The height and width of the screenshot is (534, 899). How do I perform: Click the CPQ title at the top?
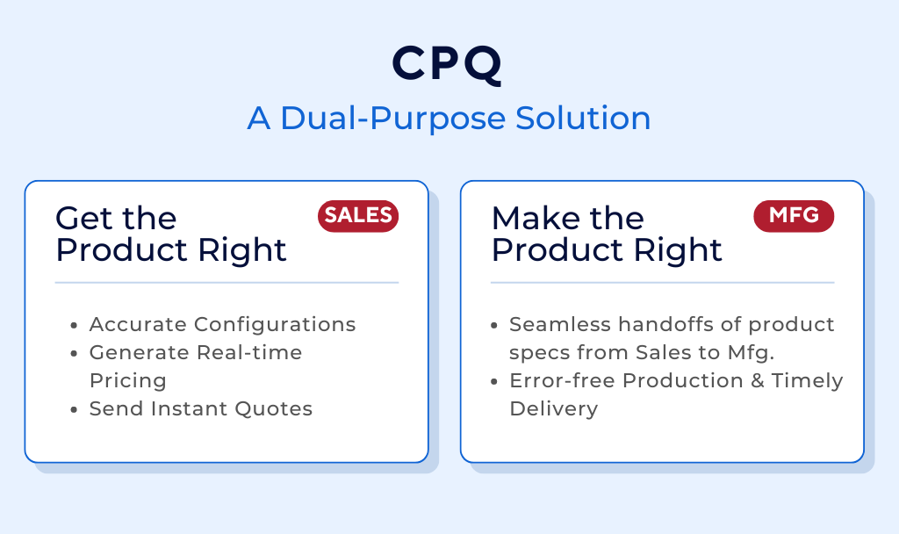click(x=449, y=64)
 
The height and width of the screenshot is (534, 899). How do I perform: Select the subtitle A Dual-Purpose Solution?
click(x=449, y=119)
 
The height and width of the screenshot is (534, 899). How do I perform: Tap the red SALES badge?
click(x=358, y=216)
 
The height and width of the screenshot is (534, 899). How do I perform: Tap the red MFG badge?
click(x=794, y=216)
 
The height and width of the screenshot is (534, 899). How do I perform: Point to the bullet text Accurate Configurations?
click(x=222, y=324)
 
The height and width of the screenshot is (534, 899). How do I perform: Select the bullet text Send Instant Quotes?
click(x=200, y=408)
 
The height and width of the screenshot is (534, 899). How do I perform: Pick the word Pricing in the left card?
click(x=127, y=380)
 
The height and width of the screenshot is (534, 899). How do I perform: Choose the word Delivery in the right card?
click(x=553, y=408)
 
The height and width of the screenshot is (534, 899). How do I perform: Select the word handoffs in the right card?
click(x=648, y=324)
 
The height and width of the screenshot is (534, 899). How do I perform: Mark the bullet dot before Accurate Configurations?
click(x=76, y=326)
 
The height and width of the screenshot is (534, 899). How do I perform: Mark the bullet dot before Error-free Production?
click(x=496, y=382)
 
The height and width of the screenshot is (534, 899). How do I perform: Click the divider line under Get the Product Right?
click(x=227, y=283)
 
